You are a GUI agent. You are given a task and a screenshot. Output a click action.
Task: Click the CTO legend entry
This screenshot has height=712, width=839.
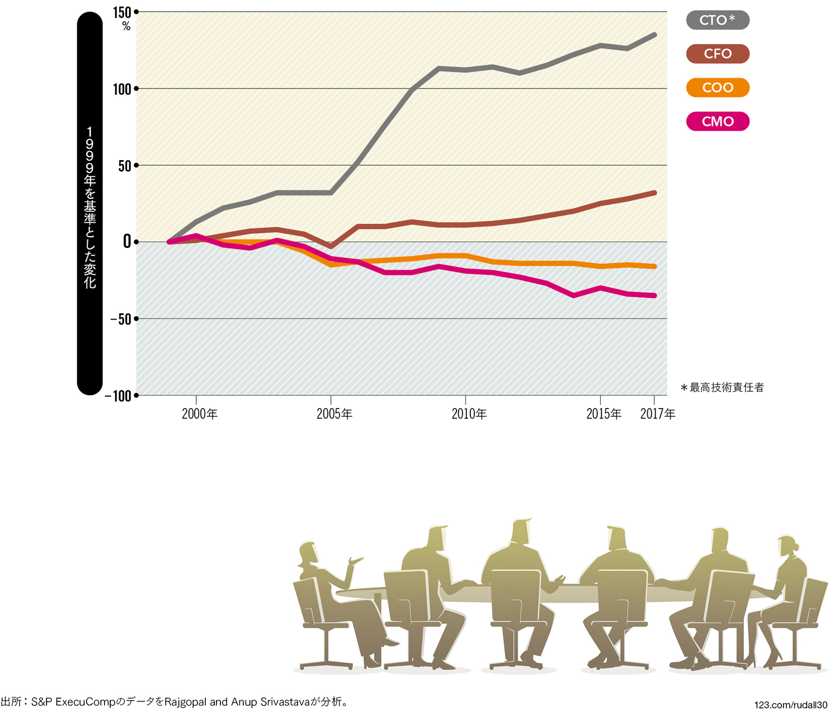717,20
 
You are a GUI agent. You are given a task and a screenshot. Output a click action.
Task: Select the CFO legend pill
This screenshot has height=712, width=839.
717,54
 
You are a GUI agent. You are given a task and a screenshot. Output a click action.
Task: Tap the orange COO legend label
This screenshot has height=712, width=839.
717,88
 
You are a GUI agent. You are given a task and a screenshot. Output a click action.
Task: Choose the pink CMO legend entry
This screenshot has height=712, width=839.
717,121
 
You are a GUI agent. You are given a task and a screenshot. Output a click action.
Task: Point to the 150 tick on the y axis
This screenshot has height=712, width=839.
122,12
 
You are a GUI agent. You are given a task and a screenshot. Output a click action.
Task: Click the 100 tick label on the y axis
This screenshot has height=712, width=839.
122,89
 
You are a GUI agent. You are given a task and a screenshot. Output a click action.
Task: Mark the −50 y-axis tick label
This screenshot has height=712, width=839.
120,319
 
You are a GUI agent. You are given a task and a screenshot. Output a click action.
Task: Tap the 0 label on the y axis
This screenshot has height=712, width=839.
127,242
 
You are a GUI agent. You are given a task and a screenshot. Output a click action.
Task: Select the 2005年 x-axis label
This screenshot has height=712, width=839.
334,414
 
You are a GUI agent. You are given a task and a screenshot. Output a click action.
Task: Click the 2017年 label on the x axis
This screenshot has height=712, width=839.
658,414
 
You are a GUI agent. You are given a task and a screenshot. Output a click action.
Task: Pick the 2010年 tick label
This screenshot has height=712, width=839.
469,414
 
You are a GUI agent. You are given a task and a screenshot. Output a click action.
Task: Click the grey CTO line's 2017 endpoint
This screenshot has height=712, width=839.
654,35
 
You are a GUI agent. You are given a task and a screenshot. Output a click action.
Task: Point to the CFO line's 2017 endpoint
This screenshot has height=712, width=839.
654,193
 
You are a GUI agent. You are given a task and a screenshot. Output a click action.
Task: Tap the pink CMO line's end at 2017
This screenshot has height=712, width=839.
654,296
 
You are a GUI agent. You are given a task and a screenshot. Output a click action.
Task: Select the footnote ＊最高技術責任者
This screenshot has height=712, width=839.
722,387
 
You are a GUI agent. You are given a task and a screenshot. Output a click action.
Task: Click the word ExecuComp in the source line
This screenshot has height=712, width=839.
84,702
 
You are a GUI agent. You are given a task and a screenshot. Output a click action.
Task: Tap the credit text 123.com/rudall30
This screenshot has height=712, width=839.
790,705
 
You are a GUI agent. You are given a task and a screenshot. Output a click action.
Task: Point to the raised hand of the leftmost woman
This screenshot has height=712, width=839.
355,560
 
